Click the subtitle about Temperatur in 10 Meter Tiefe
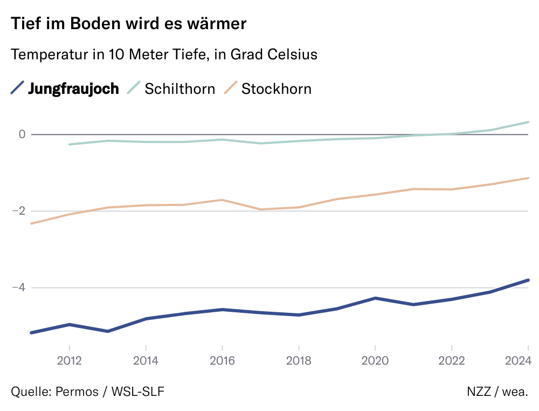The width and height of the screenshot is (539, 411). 163,54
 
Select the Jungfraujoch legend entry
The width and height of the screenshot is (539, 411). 73,88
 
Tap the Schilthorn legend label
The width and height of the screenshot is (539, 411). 179,88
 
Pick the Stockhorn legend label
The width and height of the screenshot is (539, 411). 276,88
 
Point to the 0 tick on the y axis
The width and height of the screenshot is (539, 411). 22,134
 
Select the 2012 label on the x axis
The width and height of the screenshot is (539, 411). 69,360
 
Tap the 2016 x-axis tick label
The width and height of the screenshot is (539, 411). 222,360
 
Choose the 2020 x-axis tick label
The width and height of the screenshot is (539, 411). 375,360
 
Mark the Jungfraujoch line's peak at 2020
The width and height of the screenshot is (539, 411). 375,298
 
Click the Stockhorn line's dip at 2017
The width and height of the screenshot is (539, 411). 260,209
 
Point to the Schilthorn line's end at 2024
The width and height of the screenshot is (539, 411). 528,122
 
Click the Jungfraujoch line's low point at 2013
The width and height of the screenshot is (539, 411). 107,331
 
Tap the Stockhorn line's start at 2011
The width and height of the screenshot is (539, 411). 31,223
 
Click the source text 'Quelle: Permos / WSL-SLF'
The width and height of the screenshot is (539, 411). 87,392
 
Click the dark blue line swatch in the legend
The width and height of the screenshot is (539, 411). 18,87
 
